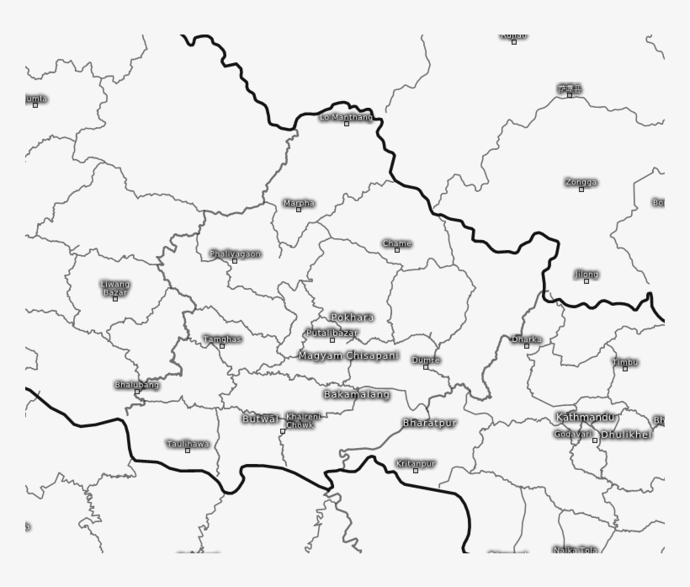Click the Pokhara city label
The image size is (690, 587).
[352, 318]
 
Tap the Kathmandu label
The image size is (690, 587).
[586, 418]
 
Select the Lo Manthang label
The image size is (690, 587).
[345, 117]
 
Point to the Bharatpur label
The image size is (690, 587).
[429, 423]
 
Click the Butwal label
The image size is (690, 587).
[260, 419]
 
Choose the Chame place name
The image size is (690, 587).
[397, 243]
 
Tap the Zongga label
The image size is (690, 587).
[581, 182]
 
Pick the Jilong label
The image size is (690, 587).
[586, 274]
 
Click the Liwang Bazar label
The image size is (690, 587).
[115, 288]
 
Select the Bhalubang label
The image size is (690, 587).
[136, 385]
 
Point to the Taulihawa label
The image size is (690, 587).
[187, 443]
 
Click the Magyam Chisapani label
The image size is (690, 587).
[348, 356]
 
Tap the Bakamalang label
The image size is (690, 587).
[357, 394]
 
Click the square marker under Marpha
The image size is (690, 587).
[299, 210]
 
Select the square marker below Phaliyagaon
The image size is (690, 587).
[235, 261]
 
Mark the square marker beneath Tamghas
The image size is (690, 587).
[222, 346]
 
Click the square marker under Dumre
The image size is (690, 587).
[426, 367]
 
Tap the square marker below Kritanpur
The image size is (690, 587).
[416, 471]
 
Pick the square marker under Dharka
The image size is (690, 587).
[527, 346]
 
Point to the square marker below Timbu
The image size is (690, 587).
[624, 369]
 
